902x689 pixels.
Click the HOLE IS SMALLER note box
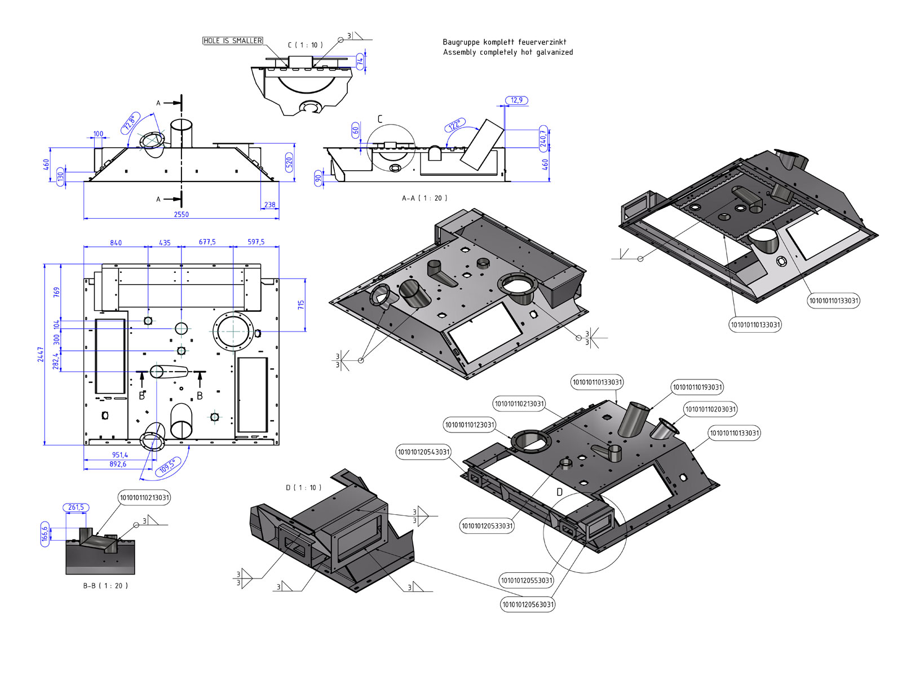pyautogui.click(x=232, y=41)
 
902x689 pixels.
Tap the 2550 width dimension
pyautogui.click(x=181, y=214)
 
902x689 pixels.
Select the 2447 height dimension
pyautogui.click(x=41, y=354)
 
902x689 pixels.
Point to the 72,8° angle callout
pyautogui.click(x=131, y=123)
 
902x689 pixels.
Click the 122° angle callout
pyautogui.click(x=455, y=125)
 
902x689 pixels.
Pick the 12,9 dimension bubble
pyautogui.click(x=516, y=100)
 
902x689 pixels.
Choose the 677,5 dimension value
pyautogui.click(x=207, y=242)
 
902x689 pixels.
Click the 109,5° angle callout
pyautogui.click(x=167, y=466)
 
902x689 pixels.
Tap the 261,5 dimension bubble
pyautogui.click(x=76, y=507)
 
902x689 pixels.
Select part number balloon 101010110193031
pyautogui.click(x=697, y=387)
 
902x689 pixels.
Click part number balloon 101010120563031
pyautogui.click(x=528, y=604)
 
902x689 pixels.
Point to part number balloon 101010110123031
pyautogui.click(x=470, y=425)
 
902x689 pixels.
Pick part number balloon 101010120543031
pyautogui.click(x=424, y=452)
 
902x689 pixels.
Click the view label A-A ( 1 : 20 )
pyautogui.click(x=425, y=198)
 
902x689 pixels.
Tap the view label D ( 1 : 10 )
pyautogui.click(x=304, y=487)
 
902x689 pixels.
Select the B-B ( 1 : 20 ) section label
pyautogui.click(x=105, y=586)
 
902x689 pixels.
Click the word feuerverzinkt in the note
pyautogui.click(x=542, y=42)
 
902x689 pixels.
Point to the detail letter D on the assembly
pyautogui.click(x=559, y=492)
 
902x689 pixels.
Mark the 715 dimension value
pyautogui.click(x=301, y=304)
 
